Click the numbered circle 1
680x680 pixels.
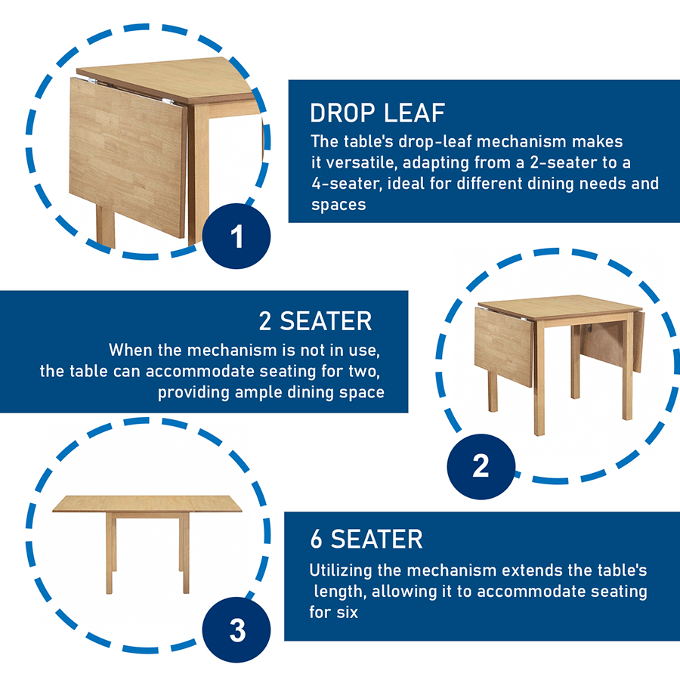pyautogui.click(x=236, y=236)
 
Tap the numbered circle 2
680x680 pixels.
pyautogui.click(x=481, y=467)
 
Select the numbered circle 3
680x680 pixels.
pyautogui.click(x=236, y=629)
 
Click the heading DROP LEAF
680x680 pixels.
pyautogui.click(x=377, y=113)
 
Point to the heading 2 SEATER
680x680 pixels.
pyautogui.click(x=315, y=321)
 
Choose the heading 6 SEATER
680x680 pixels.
pyautogui.click(x=366, y=539)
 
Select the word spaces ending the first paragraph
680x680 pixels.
pyautogui.click(x=338, y=205)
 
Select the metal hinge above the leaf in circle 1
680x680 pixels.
pyautogui.click(x=169, y=102)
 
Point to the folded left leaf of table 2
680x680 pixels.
pyautogui.click(x=503, y=346)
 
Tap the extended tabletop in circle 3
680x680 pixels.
pyautogui.click(x=147, y=504)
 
